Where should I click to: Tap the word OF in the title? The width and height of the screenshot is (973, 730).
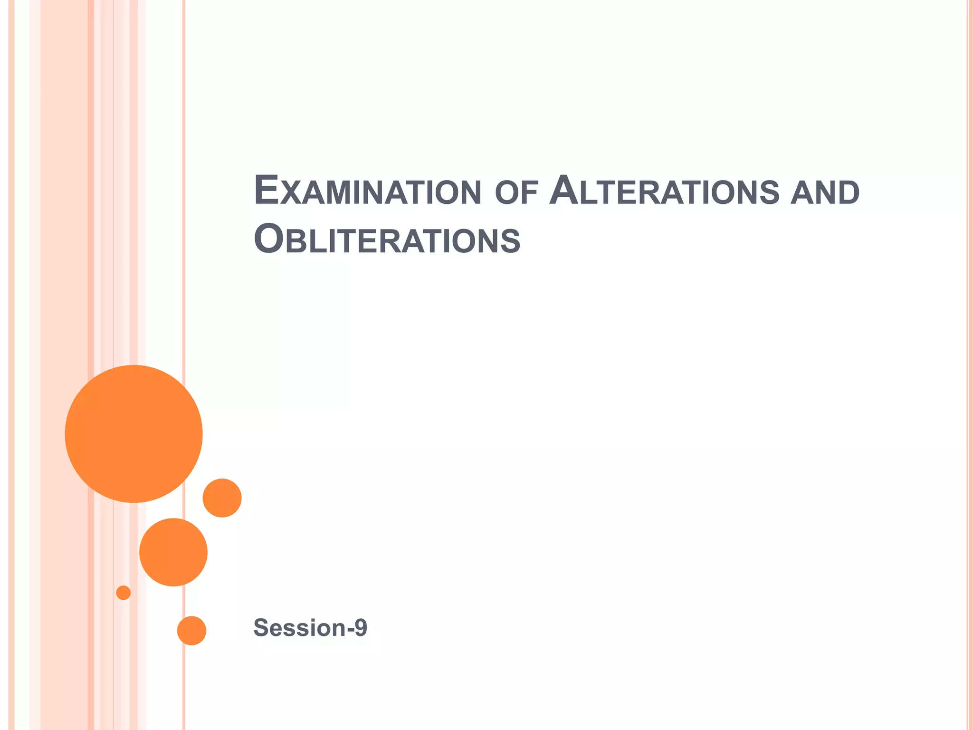click(516, 192)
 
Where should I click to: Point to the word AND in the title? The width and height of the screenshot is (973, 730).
click(825, 192)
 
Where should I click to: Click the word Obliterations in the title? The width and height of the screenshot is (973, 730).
click(387, 240)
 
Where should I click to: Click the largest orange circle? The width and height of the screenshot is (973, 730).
click(134, 433)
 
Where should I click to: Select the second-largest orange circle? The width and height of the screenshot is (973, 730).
click(173, 552)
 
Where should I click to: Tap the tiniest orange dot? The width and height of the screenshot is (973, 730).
click(124, 593)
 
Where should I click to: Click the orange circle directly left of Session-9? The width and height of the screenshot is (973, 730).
click(191, 630)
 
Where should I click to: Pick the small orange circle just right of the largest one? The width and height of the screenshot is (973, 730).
click(222, 498)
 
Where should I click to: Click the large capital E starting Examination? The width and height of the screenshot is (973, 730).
click(266, 190)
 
